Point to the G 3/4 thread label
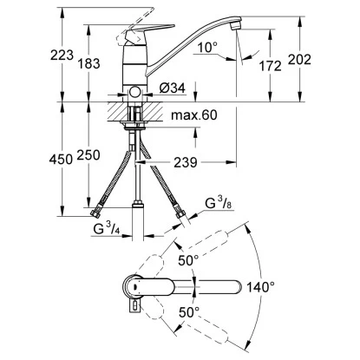click(107, 230)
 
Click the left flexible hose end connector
click(95, 212)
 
